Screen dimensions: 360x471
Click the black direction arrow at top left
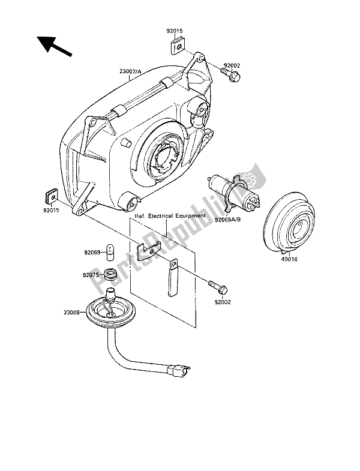[x=54, y=46]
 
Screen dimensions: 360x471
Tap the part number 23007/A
[x=130, y=71]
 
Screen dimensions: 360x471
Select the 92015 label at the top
[x=175, y=31]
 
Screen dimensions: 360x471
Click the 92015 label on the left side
[x=51, y=210]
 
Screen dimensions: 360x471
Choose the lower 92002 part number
[x=223, y=302]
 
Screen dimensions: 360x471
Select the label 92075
[x=91, y=275]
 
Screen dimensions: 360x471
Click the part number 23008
[x=72, y=313]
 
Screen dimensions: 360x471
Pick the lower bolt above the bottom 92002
[x=218, y=287]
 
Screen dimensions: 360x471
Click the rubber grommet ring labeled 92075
[x=110, y=274]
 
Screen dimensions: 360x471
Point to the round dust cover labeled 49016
[x=289, y=221]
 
